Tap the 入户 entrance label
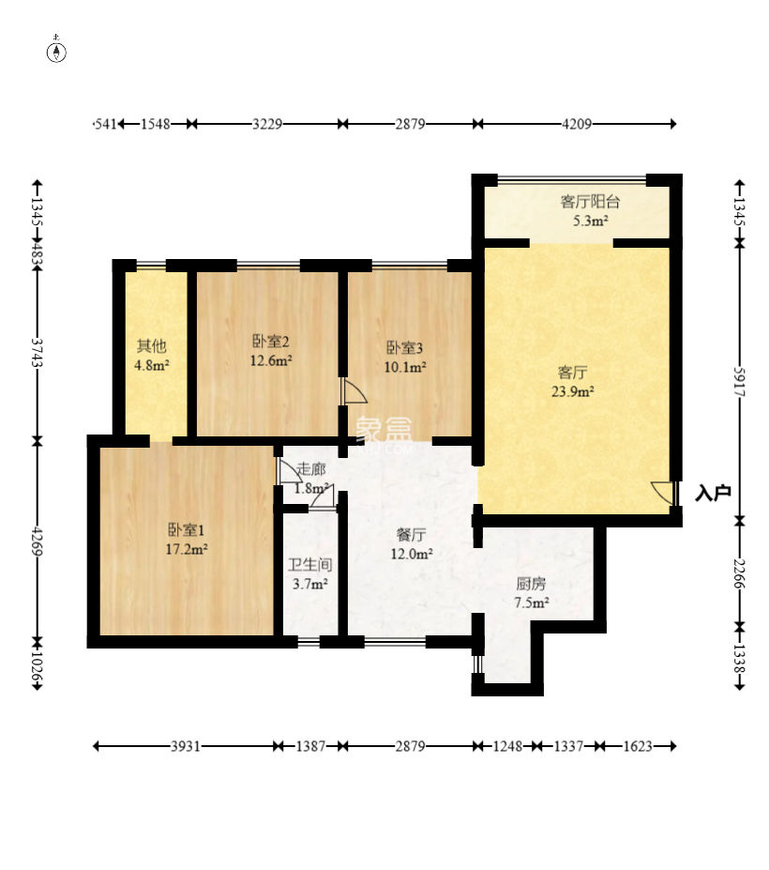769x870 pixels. coord(713,493)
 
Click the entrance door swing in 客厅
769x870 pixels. coord(663,493)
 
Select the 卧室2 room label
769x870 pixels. coord(271,341)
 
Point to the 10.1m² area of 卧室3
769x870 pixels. coord(405,367)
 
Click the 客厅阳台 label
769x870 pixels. coord(590,202)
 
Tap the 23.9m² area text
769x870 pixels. coord(573,391)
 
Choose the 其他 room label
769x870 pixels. coord(151,346)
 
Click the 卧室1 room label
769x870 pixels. coord(187,530)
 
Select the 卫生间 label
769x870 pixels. coord(309,565)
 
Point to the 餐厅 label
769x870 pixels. coord(412,534)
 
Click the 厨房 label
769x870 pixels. coord(531,583)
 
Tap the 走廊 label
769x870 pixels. coord(310,469)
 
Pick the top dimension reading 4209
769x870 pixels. coord(577,124)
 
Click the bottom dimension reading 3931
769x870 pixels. coord(185,746)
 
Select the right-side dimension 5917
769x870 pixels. coord(740,382)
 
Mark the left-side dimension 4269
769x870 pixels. coord(38,541)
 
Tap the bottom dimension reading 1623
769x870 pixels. coord(638,746)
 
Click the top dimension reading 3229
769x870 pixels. coord(267,124)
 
